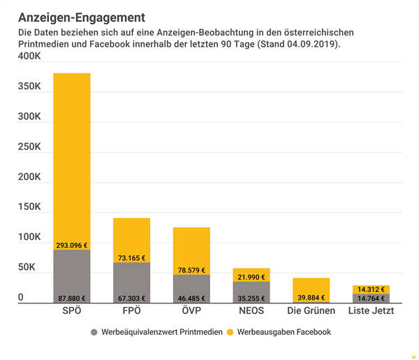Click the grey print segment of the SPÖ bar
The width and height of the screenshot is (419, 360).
coord(71,273)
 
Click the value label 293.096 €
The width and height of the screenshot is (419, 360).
coord(71,245)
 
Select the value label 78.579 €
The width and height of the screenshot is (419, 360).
coord(191,271)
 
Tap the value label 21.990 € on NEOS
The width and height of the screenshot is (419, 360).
coord(251,278)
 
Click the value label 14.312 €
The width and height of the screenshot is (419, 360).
coord(371,289)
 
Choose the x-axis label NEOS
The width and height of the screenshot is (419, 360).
coord(251,311)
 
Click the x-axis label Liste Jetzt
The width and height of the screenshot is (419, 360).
coord(371,311)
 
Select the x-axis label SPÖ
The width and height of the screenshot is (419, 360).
coord(71,311)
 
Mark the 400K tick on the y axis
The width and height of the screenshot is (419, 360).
coord(29,57)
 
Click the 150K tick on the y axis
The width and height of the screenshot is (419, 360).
coord(29,208)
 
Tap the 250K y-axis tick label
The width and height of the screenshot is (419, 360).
coord(29,147)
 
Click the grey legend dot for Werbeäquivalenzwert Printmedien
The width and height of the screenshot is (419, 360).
coord(94,332)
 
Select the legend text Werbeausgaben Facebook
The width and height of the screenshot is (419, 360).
coord(284,332)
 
